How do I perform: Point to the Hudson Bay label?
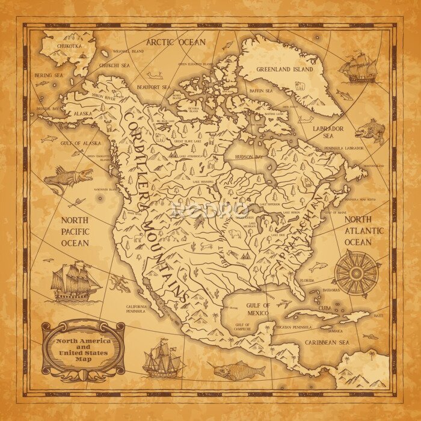pyautogui.click(x=246, y=156)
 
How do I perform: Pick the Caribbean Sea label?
pyautogui.click(x=327, y=342)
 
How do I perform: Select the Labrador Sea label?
pyautogui.click(x=329, y=132)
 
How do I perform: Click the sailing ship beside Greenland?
pyautogui.click(x=358, y=67)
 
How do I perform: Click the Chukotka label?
pyautogui.click(x=69, y=46)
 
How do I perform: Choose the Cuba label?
pyautogui.click(x=325, y=310)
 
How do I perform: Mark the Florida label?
pyautogui.click(x=307, y=280)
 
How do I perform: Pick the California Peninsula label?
pyautogui.click(x=136, y=309)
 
